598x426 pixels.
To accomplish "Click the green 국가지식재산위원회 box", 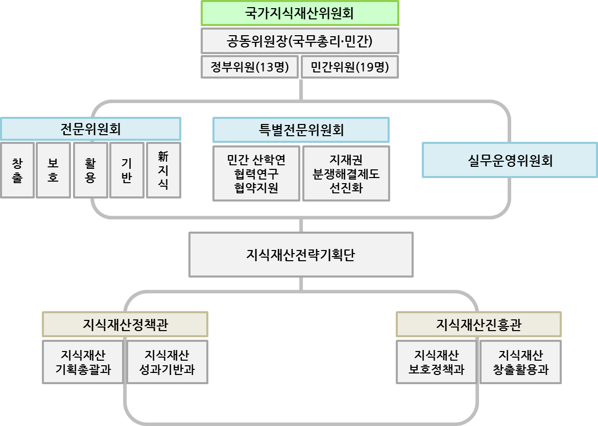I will coord(300,13).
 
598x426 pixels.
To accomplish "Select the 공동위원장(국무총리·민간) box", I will coord(300,41).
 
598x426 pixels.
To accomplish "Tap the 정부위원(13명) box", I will coord(250,67).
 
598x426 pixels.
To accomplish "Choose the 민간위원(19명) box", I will coord(350,67).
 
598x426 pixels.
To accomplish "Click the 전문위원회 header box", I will coord(90,129).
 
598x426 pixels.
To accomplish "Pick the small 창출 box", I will coord(17,170).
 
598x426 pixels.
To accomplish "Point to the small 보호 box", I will coord(53,170).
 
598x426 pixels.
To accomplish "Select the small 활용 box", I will coord(90,170).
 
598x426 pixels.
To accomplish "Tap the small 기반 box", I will coord(127,170).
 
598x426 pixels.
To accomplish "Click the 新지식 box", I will coord(163,170).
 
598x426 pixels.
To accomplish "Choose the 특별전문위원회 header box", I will coord(301,130).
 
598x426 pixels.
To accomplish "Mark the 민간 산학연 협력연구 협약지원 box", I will coord(256,174).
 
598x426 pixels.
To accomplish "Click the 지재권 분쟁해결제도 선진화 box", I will coord(346,174).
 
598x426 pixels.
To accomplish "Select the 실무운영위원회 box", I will coord(510,161).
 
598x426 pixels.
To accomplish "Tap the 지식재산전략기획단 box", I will coord(301,255).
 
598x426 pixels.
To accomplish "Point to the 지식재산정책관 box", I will coord(125,324).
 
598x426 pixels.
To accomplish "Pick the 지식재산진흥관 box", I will coord(479,324).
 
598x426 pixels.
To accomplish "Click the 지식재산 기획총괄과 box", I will coord(83,362).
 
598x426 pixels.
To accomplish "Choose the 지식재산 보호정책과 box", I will coord(436,362).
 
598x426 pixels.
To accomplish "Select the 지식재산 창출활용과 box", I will coord(520,362).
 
